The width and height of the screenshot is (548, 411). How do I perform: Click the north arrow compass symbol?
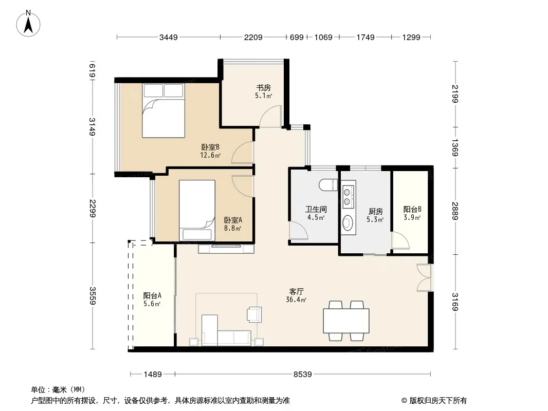[x=28, y=23]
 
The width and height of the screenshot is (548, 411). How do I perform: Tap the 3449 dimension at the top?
[x=169, y=37]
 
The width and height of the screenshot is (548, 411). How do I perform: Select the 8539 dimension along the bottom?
[x=302, y=375]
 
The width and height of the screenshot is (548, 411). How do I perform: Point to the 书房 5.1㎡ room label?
[x=264, y=91]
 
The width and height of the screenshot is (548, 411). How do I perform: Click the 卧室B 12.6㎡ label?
[x=210, y=151]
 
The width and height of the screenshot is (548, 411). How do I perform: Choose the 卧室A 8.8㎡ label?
[x=233, y=224]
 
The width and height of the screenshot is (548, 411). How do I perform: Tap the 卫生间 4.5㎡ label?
[x=316, y=213]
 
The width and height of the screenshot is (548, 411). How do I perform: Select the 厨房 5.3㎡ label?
[x=375, y=215]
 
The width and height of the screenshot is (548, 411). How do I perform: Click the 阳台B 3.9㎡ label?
[x=412, y=213]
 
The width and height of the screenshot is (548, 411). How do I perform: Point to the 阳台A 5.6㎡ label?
[x=152, y=299]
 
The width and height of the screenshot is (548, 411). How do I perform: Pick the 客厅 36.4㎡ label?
[x=297, y=295]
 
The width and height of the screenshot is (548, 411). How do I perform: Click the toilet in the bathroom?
[x=328, y=185]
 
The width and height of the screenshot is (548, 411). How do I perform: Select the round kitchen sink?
[x=348, y=223]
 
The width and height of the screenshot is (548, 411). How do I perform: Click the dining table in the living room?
[x=346, y=321]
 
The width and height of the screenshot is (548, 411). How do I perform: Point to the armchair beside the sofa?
[x=254, y=314]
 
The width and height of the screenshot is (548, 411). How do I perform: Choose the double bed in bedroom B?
[x=163, y=110]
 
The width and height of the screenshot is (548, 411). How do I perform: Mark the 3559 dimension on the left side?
[x=92, y=296]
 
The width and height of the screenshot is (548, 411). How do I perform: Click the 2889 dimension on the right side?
[x=454, y=211]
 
